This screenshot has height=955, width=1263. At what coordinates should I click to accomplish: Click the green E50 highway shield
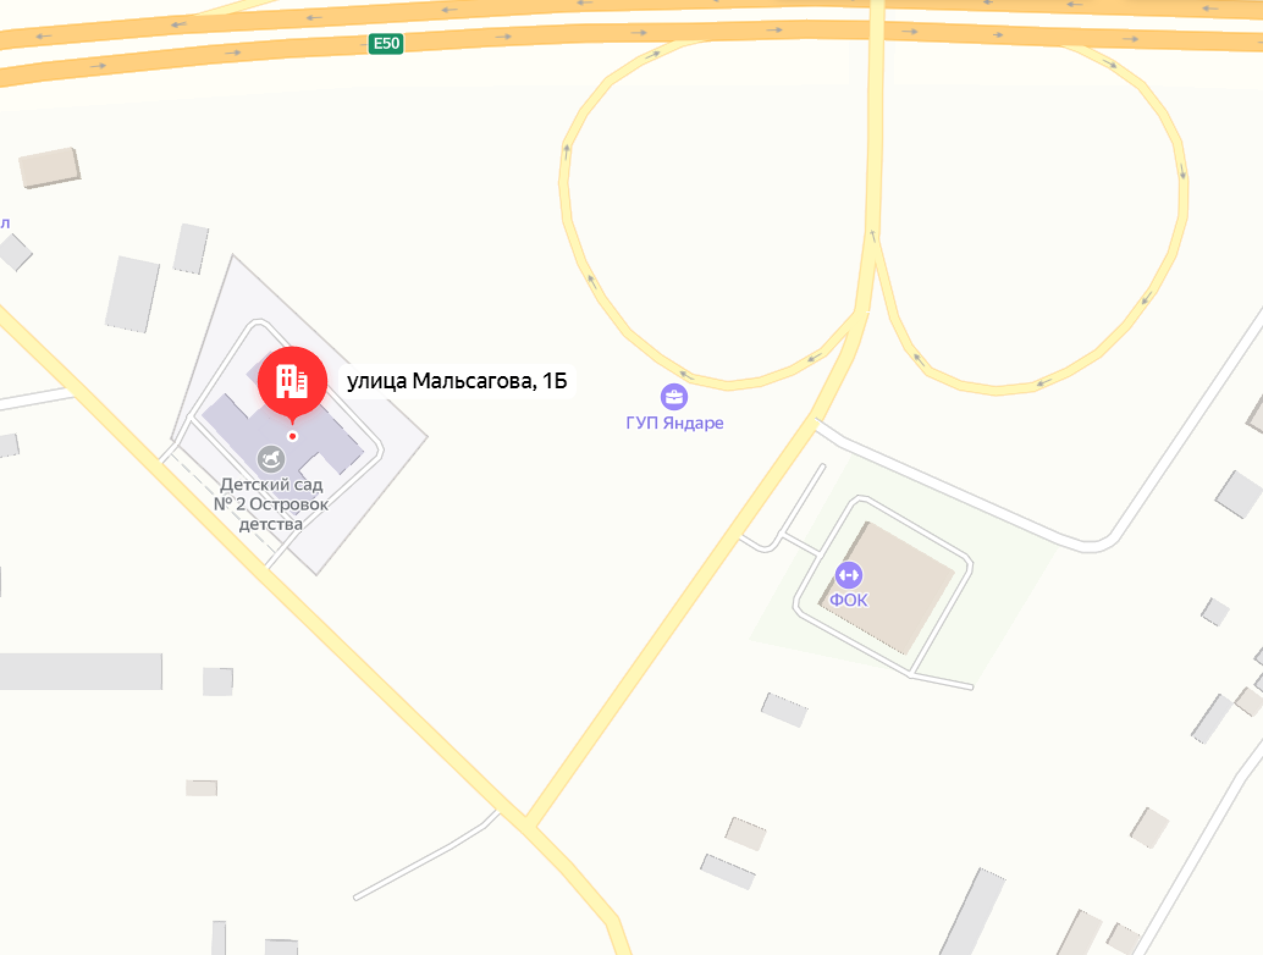pos(385,43)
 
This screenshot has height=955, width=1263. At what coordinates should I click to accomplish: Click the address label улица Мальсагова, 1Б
pos(457,381)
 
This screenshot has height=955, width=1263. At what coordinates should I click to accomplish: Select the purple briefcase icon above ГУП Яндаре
pos(674,397)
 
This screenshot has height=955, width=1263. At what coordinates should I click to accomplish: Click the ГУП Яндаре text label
pos(674,423)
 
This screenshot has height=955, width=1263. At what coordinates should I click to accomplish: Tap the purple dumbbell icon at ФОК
pos(848,575)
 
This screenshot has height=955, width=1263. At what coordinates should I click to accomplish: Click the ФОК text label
pos(848,600)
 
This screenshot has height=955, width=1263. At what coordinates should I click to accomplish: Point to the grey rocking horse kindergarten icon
pos(271,459)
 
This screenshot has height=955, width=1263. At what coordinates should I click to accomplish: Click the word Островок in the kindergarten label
pos(288,505)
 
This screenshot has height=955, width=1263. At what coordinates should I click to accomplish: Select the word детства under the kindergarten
pos(271,525)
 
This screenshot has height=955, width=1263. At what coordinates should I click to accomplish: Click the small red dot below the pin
pos(293,436)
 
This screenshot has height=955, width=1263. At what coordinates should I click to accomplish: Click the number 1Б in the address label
pos(555,381)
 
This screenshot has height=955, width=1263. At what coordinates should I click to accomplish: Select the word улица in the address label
pos(377,381)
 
